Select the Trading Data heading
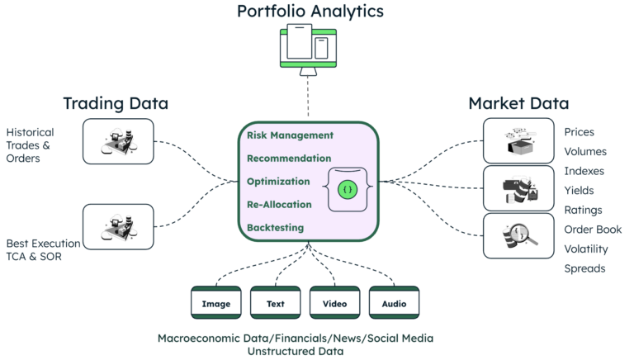click(x=116, y=103)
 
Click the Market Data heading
click(x=518, y=103)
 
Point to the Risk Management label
click(x=290, y=135)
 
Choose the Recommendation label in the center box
click(x=289, y=158)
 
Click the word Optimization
click(x=278, y=181)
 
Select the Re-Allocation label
click(x=279, y=204)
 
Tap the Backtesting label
click(x=275, y=227)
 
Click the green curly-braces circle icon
click(x=347, y=189)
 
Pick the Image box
click(x=216, y=303)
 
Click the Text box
click(x=276, y=303)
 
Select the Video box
click(x=335, y=303)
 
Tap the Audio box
click(x=395, y=303)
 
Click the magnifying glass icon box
click(x=518, y=235)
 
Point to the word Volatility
click(x=586, y=249)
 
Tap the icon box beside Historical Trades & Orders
click(x=118, y=141)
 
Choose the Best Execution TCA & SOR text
click(x=43, y=250)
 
